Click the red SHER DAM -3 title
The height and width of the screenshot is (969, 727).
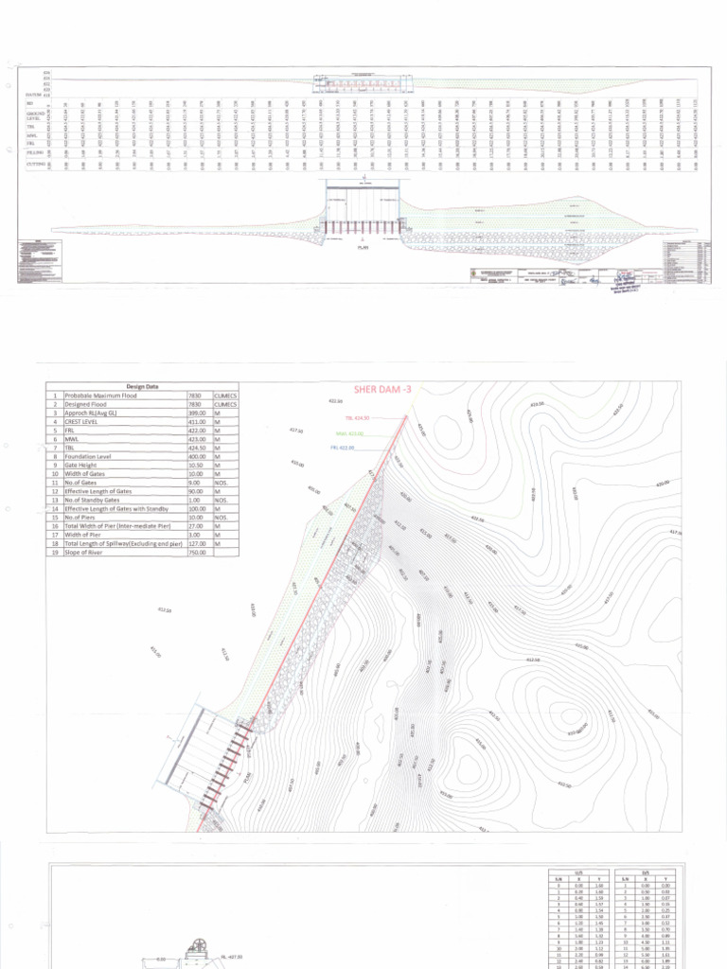coord(383,389)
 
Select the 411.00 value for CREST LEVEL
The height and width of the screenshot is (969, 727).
coord(197,422)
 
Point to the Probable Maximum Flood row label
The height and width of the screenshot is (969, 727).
coord(105,396)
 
